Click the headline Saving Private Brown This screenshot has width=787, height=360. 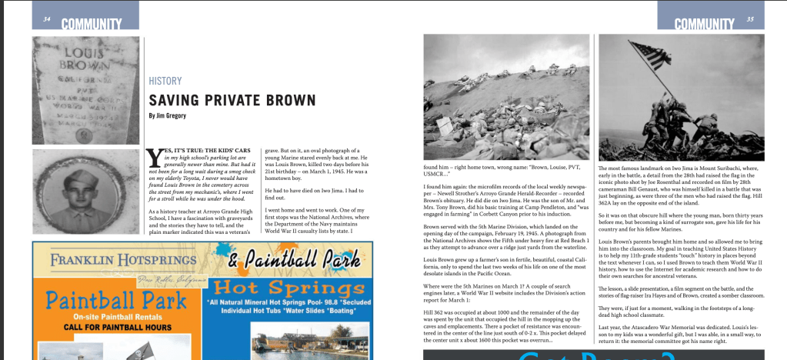click(232, 100)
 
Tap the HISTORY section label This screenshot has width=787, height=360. click(165, 81)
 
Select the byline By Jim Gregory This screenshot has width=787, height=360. click(174, 116)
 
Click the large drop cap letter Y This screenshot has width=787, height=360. click(154, 158)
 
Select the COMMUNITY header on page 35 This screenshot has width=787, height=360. click(704, 24)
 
